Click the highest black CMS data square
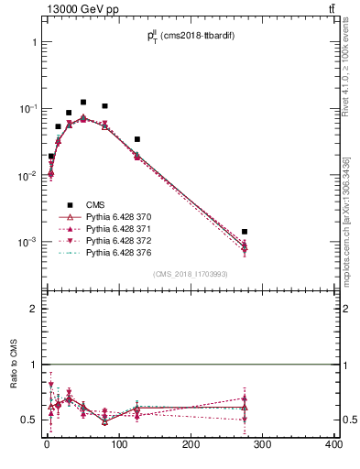83,103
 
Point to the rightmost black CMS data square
245,232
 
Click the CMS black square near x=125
137,139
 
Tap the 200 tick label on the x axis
191,445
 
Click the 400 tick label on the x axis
334,445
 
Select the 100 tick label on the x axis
119,445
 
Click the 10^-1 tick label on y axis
28,109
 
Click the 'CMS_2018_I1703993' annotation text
190,274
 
